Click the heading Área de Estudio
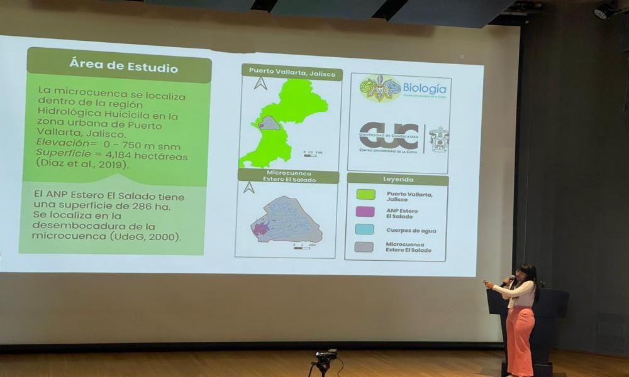pos(123,67)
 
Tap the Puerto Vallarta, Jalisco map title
pos(291,71)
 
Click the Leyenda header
pos(398,179)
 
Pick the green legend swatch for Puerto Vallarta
pos(365,195)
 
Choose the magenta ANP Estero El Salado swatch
pos(365,212)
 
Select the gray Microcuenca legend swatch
pos(364,247)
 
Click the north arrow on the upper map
pos(260,83)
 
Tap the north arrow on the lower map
pos(249,187)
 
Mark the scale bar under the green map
pos(310,155)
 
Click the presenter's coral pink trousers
pos(520,339)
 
